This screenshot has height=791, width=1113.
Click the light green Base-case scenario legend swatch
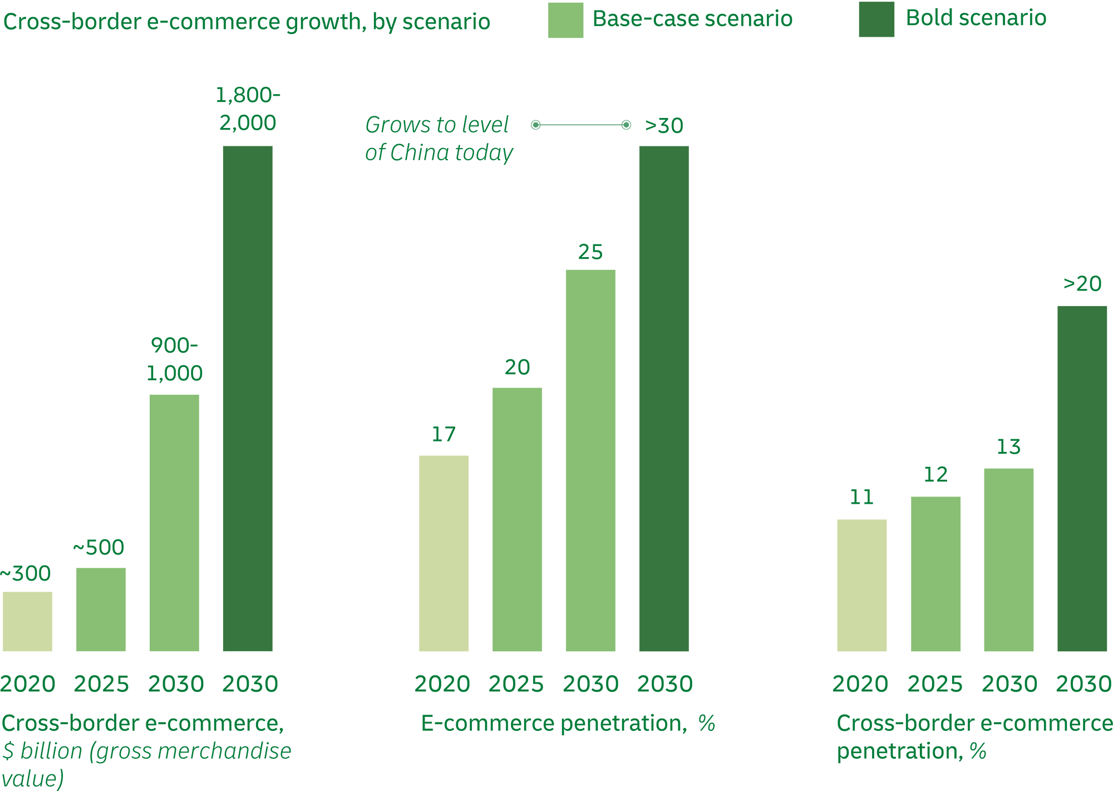tap(565, 20)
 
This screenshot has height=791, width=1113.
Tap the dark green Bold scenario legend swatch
tap(876, 19)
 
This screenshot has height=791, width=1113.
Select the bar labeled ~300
tap(27, 621)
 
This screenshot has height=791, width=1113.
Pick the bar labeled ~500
tap(101, 610)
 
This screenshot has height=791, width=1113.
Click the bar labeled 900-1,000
tap(174, 523)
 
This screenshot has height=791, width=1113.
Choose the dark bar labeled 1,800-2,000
tap(248, 399)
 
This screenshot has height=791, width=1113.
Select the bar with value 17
tap(444, 553)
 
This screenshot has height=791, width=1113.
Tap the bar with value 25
tap(590, 460)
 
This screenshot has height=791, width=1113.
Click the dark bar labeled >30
tap(663, 399)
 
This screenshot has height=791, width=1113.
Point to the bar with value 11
tap(861, 585)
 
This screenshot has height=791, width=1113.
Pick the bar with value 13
tap(1008, 559)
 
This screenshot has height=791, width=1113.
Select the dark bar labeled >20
tap(1082, 478)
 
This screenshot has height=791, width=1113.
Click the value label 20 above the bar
tap(517, 367)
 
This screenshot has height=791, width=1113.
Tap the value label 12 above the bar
tap(935, 475)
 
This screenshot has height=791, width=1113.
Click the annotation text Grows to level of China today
tap(439, 139)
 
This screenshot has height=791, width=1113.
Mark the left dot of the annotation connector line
tap(535, 125)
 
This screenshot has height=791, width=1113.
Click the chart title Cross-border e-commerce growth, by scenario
tap(247, 22)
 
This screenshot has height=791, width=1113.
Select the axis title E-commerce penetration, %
tap(568, 723)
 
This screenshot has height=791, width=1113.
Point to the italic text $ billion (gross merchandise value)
tap(146, 764)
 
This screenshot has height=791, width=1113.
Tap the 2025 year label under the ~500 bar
tap(101, 684)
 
